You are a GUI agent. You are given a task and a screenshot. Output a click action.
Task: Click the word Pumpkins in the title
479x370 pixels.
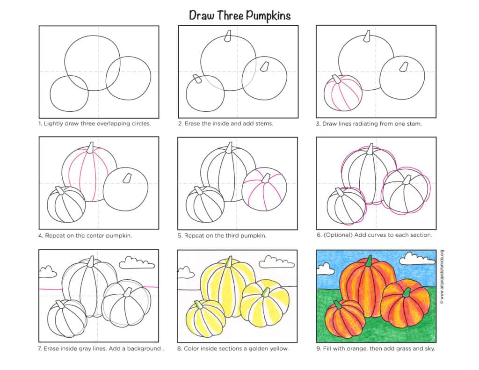point(268,16)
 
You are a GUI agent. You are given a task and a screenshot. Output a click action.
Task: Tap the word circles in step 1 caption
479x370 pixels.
point(141,124)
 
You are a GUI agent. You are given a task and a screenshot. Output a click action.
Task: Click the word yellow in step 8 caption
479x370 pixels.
point(279,348)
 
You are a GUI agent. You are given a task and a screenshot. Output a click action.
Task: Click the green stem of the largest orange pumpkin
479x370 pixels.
point(370,261)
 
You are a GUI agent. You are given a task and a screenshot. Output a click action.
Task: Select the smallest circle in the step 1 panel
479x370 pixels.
point(69,94)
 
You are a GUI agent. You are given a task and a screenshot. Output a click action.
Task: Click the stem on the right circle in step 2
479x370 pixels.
point(265,66)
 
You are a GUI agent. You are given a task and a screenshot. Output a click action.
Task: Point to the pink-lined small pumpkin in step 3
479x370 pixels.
point(343,93)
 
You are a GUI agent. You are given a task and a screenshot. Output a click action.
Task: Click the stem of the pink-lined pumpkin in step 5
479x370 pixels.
point(266,178)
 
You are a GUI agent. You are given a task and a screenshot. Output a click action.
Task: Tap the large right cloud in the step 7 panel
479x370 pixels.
point(137,263)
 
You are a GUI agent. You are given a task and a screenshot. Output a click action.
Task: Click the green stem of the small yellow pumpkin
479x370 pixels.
point(199,305)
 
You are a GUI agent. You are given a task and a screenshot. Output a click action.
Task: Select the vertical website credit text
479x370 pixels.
point(442,277)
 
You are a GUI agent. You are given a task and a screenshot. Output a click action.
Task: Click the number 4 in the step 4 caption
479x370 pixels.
point(40,236)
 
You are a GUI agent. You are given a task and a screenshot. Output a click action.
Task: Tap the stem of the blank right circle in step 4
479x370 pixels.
point(127,178)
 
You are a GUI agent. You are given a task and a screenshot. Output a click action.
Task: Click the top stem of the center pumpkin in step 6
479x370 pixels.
point(370,150)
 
